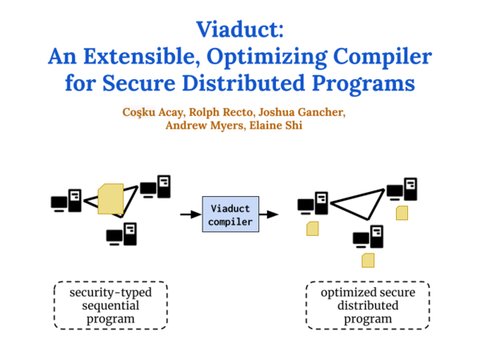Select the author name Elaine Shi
277,126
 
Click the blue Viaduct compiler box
230,214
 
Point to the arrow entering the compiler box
190,214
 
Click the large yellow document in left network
110,199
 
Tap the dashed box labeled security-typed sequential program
110,306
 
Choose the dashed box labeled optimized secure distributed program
368,306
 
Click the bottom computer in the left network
122,235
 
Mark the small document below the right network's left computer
313,229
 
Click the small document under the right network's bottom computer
368,259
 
